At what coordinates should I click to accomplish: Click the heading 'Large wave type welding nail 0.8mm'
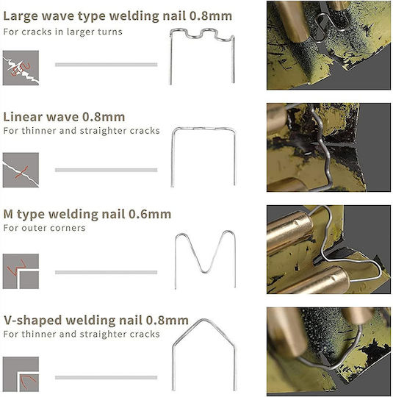(x=118, y=16)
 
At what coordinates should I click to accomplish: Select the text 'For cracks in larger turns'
(x=62, y=32)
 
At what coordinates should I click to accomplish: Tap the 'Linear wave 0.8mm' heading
(x=64, y=117)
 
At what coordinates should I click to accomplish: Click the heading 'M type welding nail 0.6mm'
(x=87, y=214)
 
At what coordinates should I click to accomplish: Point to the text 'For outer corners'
(x=44, y=228)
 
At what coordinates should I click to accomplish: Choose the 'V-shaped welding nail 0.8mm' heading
(x=96, y=321)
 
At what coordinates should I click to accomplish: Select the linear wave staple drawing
(x=173, y=157)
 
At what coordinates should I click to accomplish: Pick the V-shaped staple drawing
(x=173, y=367)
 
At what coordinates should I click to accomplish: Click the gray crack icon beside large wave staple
(x=21, y=68)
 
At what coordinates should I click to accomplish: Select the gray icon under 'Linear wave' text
(x=21, y=170)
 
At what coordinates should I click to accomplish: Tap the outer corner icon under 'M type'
(x=21, y=271)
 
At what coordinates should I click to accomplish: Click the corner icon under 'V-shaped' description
(x=21, y=374)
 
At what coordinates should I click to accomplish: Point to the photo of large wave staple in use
(x=328, y=46)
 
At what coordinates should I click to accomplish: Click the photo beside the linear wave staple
(x=328, y=147)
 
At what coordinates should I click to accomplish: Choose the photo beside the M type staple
(x=328, y=249)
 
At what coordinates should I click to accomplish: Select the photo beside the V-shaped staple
(x=328, y=351)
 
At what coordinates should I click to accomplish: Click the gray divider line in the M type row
(x=107, y=273)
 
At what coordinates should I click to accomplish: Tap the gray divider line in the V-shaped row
(x=107, y=378)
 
